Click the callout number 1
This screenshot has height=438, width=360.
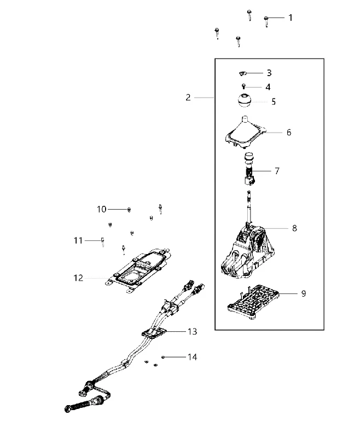(291, 18)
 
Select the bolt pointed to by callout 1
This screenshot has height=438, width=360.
(266, 21)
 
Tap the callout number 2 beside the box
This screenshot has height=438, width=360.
(188, 97)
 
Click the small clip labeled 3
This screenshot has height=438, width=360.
(243, 73)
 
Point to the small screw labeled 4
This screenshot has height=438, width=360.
(243, 87)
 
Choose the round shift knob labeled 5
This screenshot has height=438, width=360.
(244, 100)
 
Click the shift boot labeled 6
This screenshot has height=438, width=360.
(245, 132)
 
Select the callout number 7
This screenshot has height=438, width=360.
(277, 171)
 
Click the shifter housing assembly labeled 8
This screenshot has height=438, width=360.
(247, 246)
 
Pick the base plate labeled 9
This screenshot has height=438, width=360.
(253, 302)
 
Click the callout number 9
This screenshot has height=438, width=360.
(304, 293)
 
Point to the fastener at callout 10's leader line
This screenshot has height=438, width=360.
(129, 210)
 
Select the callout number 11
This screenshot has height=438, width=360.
(78, 240)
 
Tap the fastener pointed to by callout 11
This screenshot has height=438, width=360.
(103, 241)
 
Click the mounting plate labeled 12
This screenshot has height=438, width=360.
(137, 270)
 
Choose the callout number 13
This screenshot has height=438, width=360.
(192, 331)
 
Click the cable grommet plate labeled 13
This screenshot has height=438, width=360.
(154, 333)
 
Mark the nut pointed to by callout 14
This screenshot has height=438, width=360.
(163, 357)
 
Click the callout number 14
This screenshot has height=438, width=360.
(192, 357)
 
